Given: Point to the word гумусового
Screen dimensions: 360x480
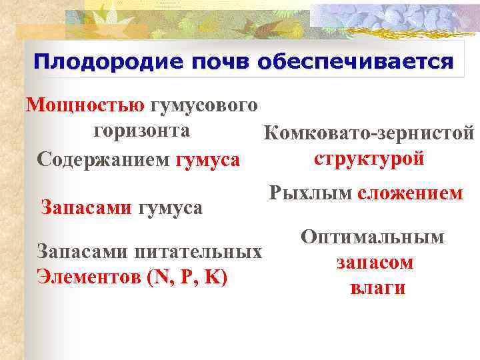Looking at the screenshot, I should tap(204, 105).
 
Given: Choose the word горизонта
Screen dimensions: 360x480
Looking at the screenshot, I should tap(141, 131).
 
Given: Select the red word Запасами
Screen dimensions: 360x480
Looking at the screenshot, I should tap(87, 207).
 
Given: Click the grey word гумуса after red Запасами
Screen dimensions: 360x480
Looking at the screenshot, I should tap(170, 207).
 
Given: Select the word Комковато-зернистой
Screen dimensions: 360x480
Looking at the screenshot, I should tap(369, 134).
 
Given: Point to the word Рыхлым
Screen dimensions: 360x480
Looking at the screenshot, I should tap(310, 193).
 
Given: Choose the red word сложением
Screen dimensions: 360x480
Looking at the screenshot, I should tap(410, 193).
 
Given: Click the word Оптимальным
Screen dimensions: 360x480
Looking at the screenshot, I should tap(373, 237).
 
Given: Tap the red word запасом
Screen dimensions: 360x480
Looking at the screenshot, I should tap(374, 263).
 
